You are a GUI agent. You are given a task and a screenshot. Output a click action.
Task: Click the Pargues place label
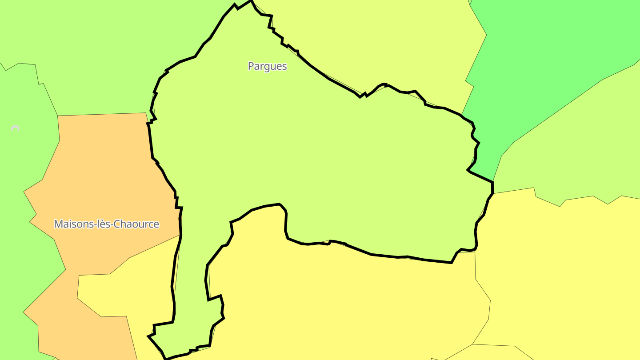(267, 66)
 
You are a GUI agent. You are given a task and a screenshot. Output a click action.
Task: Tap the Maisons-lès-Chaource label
(106, 224)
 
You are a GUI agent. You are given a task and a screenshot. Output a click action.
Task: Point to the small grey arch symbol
(16, 128)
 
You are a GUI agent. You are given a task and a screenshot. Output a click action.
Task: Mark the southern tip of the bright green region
(492, 180)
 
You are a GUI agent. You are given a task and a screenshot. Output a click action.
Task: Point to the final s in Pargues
(284, 67)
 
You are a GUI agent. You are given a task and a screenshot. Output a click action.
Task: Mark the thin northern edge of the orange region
(102, 115)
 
